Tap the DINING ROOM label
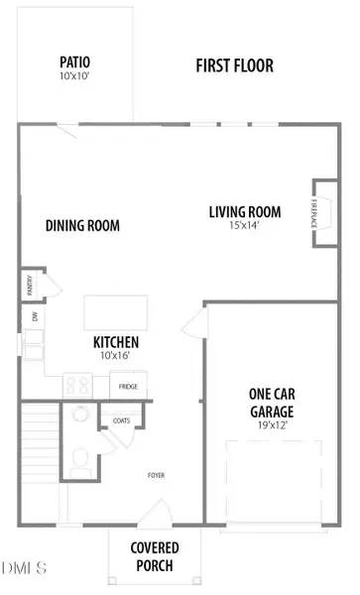click(82, 226)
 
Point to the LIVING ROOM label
click(244, 211)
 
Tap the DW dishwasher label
click(36, 317)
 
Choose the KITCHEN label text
click(115, 341)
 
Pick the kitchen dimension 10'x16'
click(115, 355)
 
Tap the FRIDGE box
click(129, 386)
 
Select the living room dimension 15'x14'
click(244, 226)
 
